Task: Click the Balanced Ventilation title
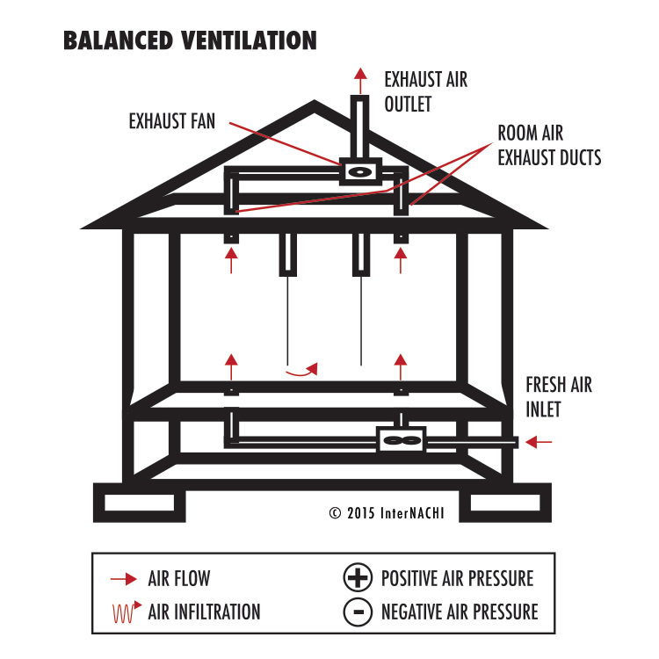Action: click(x=190, y=40)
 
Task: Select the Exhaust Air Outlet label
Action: click(x=425, y=91)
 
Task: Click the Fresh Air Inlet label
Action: click(x=559, y=397)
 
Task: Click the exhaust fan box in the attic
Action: click(x=360, y=171)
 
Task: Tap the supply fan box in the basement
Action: click(x=402, y=439)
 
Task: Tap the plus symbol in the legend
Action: click(x=357, y=579)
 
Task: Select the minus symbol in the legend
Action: click(x=357, y=612)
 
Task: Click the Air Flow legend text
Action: click(x=179, y=579)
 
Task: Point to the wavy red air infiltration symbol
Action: click(x=124, y=612)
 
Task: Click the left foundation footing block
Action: click(x=140, y=503)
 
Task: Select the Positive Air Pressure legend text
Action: click(x=457, y=579)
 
